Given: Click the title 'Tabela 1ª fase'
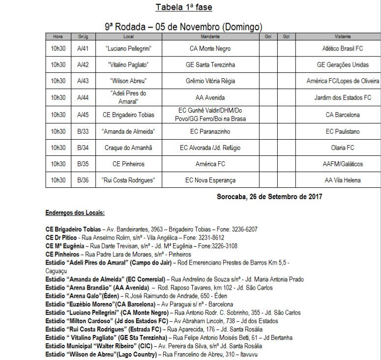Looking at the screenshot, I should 184,7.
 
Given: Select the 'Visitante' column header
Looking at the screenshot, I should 343,37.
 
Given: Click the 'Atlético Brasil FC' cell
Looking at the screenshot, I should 343,49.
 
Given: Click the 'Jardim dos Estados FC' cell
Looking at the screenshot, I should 343,98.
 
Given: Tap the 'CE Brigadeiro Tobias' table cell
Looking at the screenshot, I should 128,115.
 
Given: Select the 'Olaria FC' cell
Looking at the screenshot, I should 343,148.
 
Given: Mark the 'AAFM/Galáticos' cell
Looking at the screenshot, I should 343,164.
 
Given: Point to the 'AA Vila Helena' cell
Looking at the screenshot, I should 343,180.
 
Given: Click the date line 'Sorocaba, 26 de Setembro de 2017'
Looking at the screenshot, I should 269,197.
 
